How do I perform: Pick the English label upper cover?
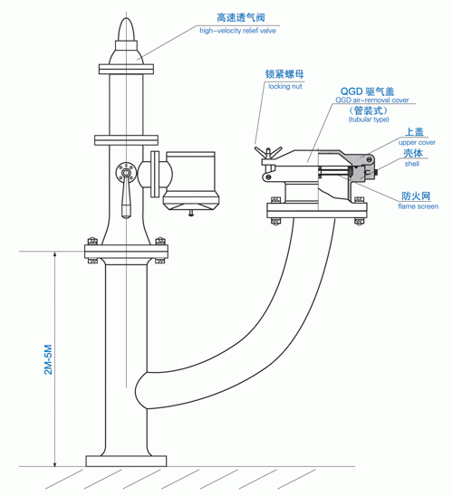coord(418,143)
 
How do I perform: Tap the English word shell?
coord(412,165)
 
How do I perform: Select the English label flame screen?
coord(419,207)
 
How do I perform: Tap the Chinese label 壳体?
coord(413,154)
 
